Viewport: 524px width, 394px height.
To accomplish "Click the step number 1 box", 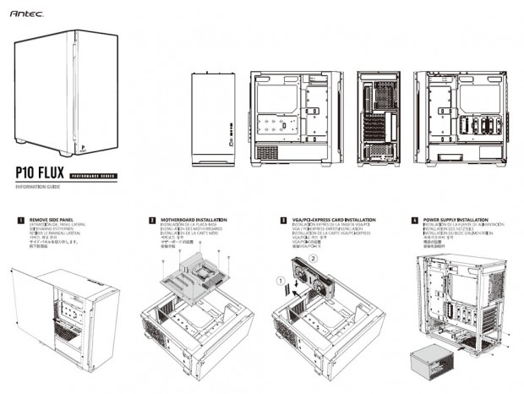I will click(19, 220).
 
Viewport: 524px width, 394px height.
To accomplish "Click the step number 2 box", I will click(152, 220).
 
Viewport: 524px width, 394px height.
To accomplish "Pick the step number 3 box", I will click(283, 220).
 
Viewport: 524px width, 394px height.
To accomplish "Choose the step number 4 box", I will click(414, 220).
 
